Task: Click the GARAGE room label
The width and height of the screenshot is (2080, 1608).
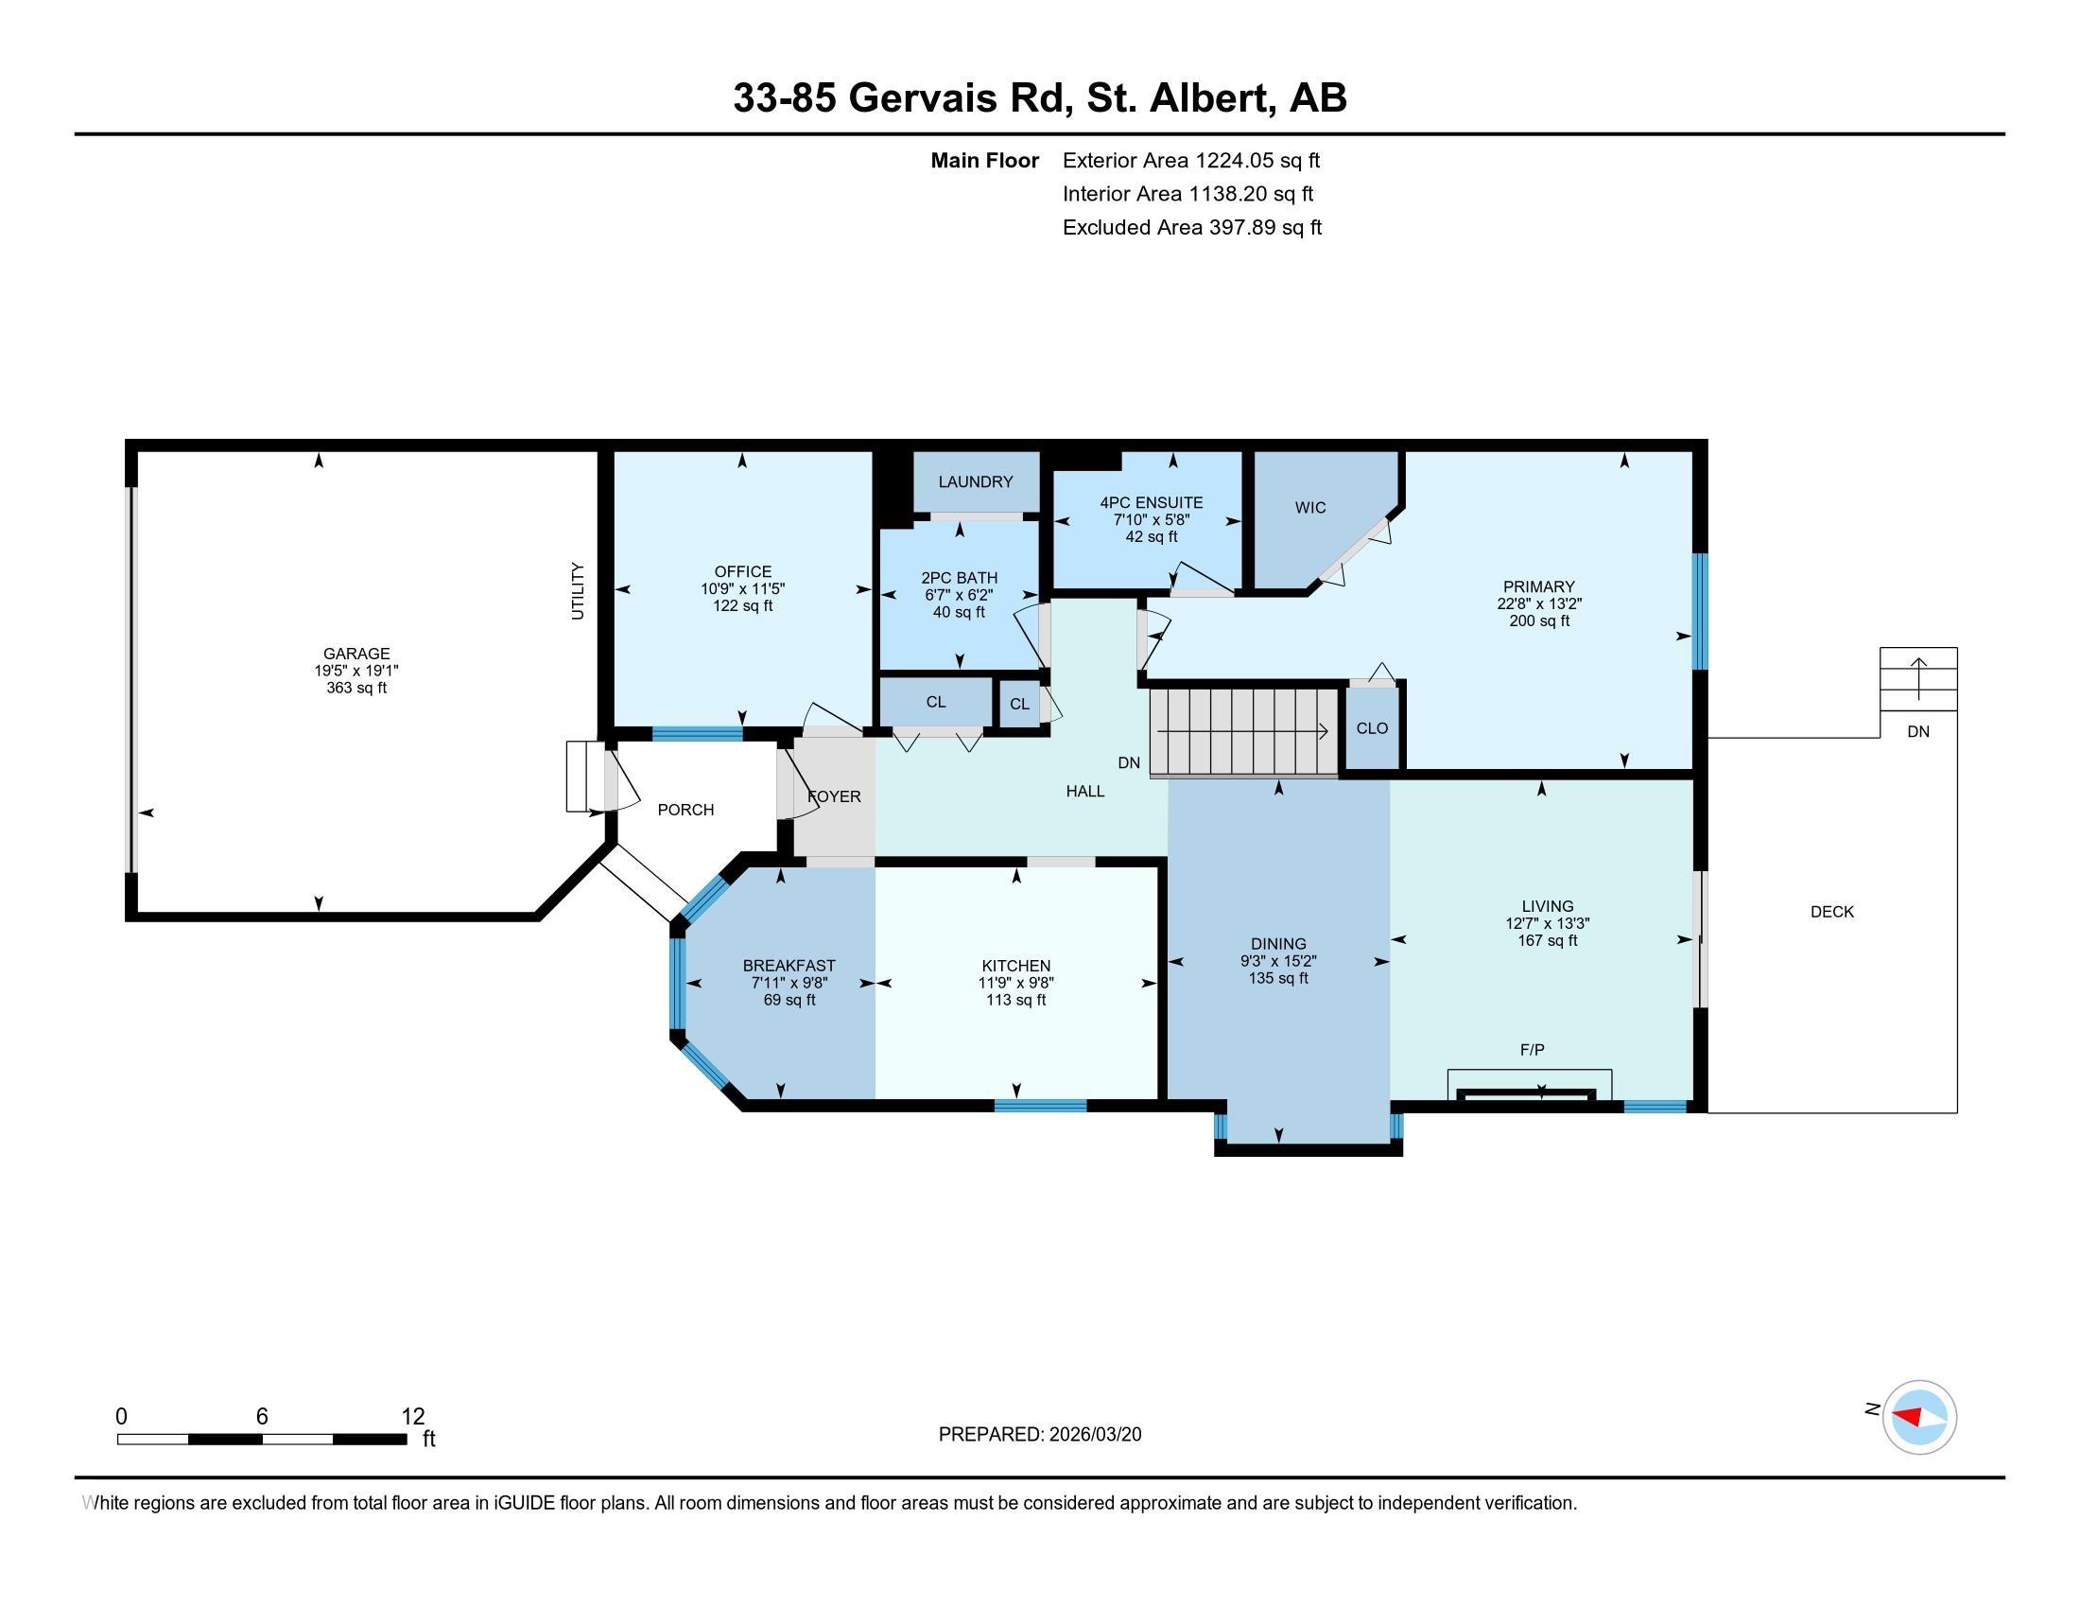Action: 356,654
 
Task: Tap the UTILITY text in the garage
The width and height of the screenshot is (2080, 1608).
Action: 577,591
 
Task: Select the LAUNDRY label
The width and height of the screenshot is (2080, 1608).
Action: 976,482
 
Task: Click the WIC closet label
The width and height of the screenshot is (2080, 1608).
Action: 1310,508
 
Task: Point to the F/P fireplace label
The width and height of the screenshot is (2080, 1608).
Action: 1533,1050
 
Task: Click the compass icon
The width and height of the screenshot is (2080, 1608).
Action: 1919,1417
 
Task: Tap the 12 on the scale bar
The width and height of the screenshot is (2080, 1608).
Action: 412,1416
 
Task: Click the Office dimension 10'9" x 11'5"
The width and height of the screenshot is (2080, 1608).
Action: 743,588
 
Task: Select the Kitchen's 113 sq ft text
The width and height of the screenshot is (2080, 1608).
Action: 1016,1000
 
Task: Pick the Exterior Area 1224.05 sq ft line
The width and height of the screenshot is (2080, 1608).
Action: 1191,160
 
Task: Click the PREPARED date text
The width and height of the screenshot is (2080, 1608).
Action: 1040,1435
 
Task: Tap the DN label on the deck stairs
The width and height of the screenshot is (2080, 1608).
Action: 1918,731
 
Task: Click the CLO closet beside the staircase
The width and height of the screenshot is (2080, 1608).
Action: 1373,728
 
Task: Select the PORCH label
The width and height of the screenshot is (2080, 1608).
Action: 685,810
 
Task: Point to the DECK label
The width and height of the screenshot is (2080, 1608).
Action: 1832,912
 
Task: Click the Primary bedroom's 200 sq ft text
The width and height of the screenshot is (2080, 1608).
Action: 1539,621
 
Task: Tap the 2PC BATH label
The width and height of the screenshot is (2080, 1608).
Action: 959,578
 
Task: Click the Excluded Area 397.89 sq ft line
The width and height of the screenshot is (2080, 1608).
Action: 1192,227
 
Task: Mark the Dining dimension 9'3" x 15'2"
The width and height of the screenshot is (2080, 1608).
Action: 1278,961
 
